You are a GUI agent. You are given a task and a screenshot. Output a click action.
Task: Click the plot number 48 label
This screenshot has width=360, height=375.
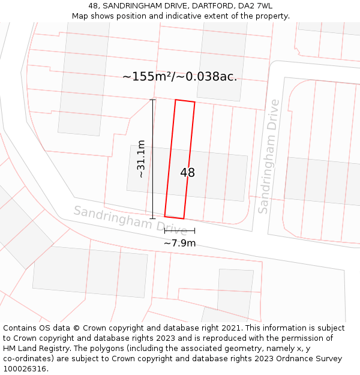click(x=187, y=173)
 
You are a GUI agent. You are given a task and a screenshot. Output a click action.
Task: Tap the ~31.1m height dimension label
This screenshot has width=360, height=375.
click(x=141, y=159)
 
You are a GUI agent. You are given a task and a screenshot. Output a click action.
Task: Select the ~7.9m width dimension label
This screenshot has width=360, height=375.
click(x=179, y=243)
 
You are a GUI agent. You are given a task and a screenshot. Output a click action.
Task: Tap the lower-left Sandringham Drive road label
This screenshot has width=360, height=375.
click(x=130, y=220)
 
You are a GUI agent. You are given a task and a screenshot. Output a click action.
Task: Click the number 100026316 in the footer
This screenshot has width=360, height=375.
click(x=25, y=369)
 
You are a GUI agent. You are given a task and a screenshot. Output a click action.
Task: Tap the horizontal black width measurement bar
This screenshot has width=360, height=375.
click(x=179, y=230)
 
